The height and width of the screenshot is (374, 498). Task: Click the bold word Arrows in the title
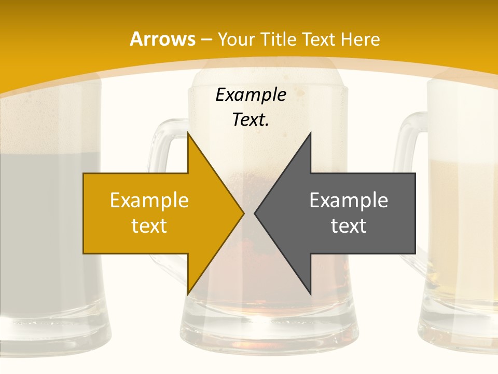[x=162, y=39]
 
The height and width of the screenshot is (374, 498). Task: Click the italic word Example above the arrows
[x=251, y=95]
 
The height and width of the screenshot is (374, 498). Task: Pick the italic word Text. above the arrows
[x=251, y=119]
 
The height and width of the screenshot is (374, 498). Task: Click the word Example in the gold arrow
[x=149, y=200]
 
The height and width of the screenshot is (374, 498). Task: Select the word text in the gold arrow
[x=149, y=225]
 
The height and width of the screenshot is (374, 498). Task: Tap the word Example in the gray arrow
[x=349, y=200]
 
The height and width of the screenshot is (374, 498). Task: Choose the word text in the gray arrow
[x=349, y=225]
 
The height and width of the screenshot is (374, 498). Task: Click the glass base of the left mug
[x=52, y=332]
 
